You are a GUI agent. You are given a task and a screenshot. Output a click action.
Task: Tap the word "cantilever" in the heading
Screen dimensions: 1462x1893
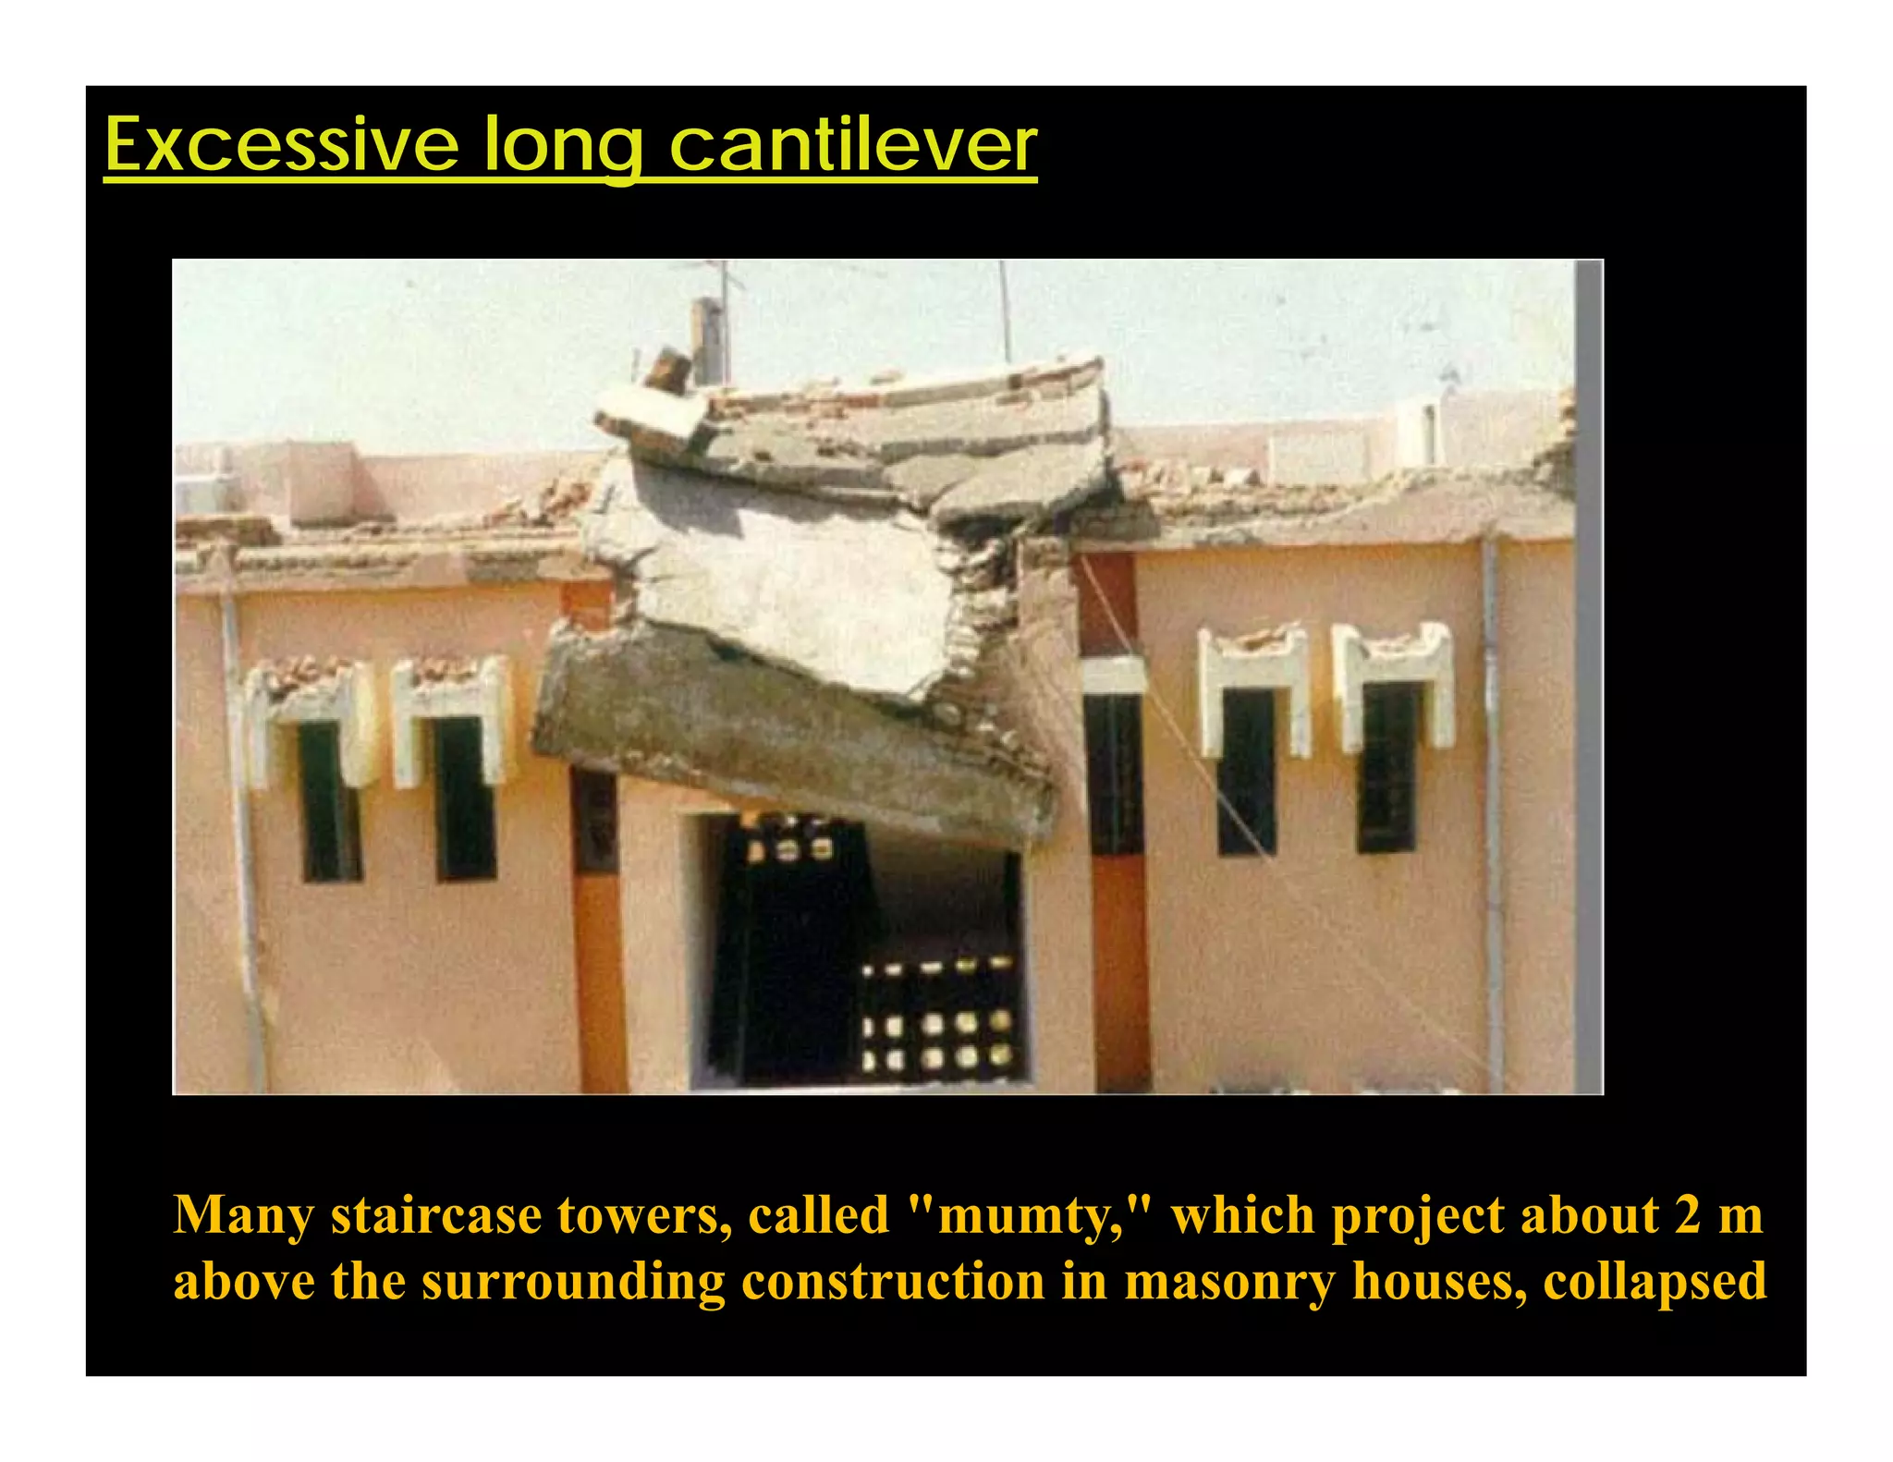point(852,145)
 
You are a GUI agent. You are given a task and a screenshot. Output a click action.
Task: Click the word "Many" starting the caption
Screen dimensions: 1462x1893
point(243,1216)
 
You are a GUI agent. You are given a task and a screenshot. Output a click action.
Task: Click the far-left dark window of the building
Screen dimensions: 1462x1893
point(330,800)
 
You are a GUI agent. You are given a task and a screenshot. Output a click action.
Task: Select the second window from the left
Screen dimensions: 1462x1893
point(465,798)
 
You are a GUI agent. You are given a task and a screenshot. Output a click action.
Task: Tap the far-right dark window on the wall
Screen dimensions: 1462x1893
point(1386,767)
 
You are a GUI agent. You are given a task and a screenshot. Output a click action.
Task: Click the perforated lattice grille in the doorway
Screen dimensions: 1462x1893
point(935,1017)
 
